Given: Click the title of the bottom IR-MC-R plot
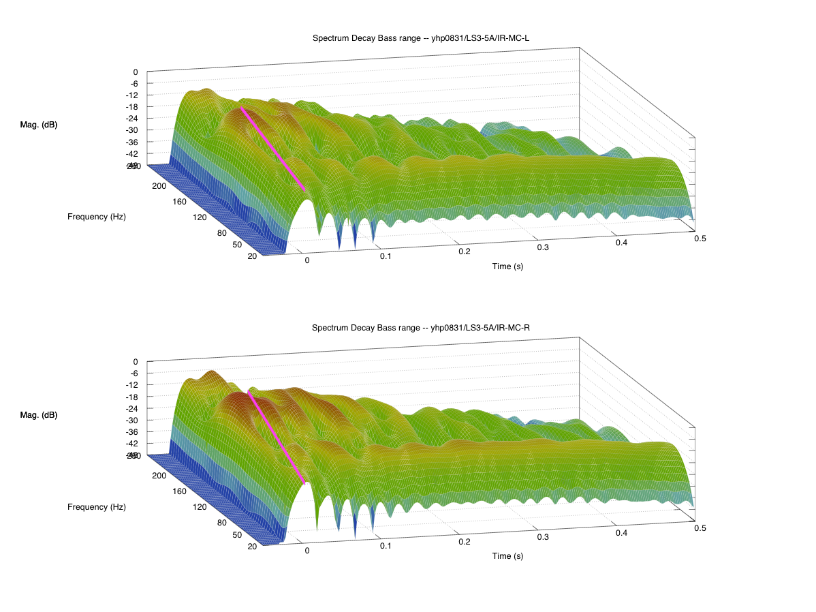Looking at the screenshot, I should click(x=421, y=328).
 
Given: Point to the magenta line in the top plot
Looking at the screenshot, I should click(x=272, y=148).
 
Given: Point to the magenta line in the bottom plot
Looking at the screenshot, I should click(x=276, y=436).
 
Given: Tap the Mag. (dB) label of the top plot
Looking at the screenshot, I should click(x=39, y=125).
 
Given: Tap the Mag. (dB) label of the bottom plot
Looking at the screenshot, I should click(x=39, y=414).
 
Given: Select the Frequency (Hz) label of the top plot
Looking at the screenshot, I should click(x=97, y=217).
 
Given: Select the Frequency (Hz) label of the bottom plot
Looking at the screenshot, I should click(x=97, y=507).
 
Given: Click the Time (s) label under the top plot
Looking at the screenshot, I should click(x=508, y=266).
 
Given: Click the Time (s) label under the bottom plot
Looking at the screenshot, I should click(x=508, y=556).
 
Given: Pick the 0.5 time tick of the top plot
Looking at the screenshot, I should click(x=700, y=238).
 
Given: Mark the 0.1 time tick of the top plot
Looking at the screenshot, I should click(x=386, y=256).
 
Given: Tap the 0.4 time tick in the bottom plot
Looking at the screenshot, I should click(x=621, y=533).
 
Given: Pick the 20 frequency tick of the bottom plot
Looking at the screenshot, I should click(x=253, y=546).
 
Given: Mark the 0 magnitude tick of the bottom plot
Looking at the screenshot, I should click(x=136, y=361).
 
